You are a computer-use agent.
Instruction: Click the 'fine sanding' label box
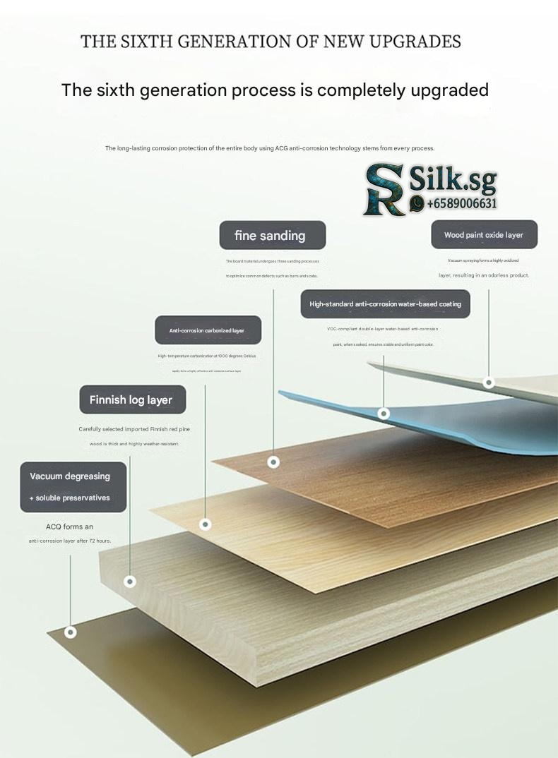click(273, 235)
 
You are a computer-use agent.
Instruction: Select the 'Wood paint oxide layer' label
click(484, 235)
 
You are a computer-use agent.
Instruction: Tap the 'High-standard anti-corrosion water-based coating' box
click(385, 303)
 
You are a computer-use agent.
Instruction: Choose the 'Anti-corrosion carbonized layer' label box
click(208, 330)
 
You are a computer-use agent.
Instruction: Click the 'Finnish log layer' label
click(131, 400)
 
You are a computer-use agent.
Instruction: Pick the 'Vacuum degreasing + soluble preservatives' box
click(73, 486)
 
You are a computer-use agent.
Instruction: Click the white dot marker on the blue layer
click(384, 413)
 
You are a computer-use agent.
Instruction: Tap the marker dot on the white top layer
click(488, 383)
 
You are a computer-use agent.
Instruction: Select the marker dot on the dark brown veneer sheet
click(273, 462)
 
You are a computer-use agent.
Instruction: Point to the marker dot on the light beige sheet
click(206, 524)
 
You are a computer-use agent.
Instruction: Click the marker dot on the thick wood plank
click(130, 582)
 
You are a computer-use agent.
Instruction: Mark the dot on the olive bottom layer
click(70, 632)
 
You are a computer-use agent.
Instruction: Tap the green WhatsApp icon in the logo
click(417, 203)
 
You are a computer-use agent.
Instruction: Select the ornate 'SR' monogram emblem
click(384, 189)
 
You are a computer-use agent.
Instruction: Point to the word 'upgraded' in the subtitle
click(446, 90)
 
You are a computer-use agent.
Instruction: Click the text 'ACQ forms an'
click(69, 527)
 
